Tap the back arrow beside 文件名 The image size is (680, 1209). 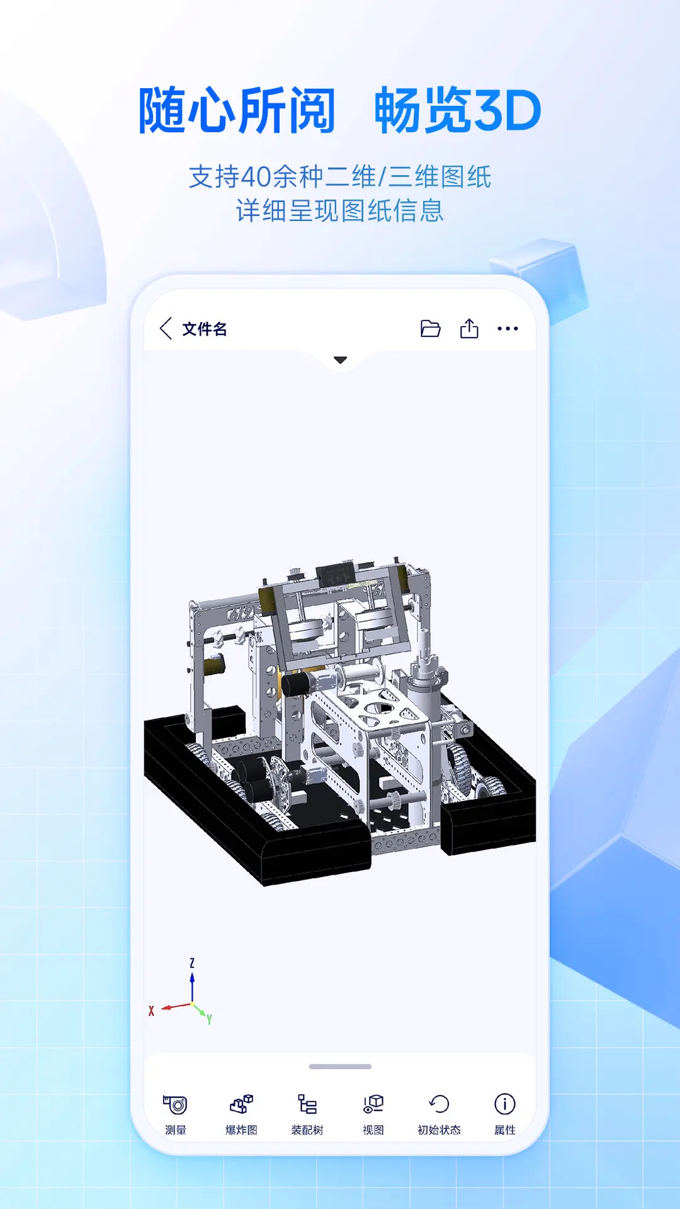(x=166, y=329)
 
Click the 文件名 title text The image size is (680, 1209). (x=205, y=329)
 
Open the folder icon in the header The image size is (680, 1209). (x=431, y=329)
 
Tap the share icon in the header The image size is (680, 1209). (x=469, y=329)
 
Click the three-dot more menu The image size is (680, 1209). (x=507, y=329)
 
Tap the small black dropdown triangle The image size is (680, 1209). (x=341, y=360)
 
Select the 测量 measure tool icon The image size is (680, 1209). (x=176, y=1104)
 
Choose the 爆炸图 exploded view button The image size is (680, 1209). (x=241, y=1104)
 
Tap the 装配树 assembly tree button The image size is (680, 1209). (x=307, y=1104)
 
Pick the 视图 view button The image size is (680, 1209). (x=373, y=1104)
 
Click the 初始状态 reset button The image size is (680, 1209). (x=439, y=1104)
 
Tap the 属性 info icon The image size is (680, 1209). (x=505, y=1104)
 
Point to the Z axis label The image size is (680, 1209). (x=192, y=963)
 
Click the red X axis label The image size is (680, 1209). (x=151, y=1011)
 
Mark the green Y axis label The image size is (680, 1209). (x=209, y=1019)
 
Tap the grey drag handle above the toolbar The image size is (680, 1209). (x=340, y=1067)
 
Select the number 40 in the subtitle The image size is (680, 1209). (x=256, y=177)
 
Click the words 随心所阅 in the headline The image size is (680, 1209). (x=237, y=111)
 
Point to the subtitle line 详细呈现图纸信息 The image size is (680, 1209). (x=340, y=211)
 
